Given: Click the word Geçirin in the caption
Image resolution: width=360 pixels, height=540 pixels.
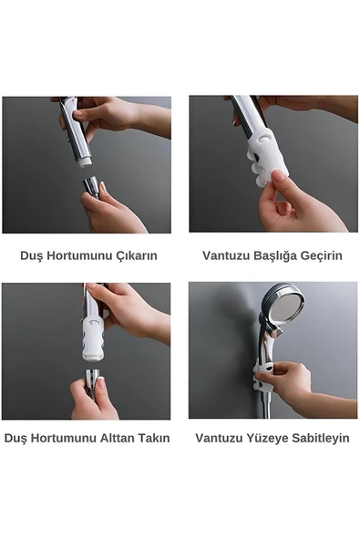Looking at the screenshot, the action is (x=322, y=256).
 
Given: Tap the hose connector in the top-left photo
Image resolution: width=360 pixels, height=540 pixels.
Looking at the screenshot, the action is (x=91, y=188).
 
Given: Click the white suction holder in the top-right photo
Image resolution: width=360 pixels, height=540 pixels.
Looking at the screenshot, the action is (x=264, y=158).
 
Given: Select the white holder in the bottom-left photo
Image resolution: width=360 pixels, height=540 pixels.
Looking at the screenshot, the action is (x=93, y=339).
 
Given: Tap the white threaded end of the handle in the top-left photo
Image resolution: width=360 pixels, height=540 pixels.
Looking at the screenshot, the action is (x=84, y=161).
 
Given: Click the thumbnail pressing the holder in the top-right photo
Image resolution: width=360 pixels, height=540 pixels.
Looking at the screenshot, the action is (x=279, y=175).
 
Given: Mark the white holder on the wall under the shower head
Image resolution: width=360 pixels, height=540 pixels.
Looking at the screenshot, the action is (x=262, y=377).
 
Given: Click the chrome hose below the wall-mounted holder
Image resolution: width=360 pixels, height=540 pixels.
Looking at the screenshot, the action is (x=266, y=406).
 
